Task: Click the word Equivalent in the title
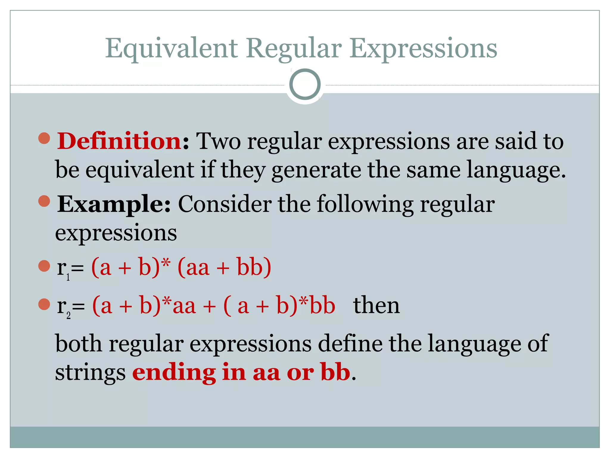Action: point(172,49)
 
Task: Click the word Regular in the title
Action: point(294,49)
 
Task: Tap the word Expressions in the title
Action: point(423,49)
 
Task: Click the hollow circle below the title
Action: point(305,84)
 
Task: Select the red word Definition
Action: point(119,141)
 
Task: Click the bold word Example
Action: point(113,204)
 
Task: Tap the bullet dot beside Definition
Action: point(44,138)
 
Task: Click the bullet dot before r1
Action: point(44,266)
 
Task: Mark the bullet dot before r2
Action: point(44,304)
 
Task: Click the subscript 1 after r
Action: point(68,277)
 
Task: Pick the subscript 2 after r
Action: point(69,315)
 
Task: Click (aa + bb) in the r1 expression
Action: point(224,267)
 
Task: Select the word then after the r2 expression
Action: point(376,305)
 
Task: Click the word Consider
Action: point(225,204)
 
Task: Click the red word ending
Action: point(174,373)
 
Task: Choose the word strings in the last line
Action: point(91,373)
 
